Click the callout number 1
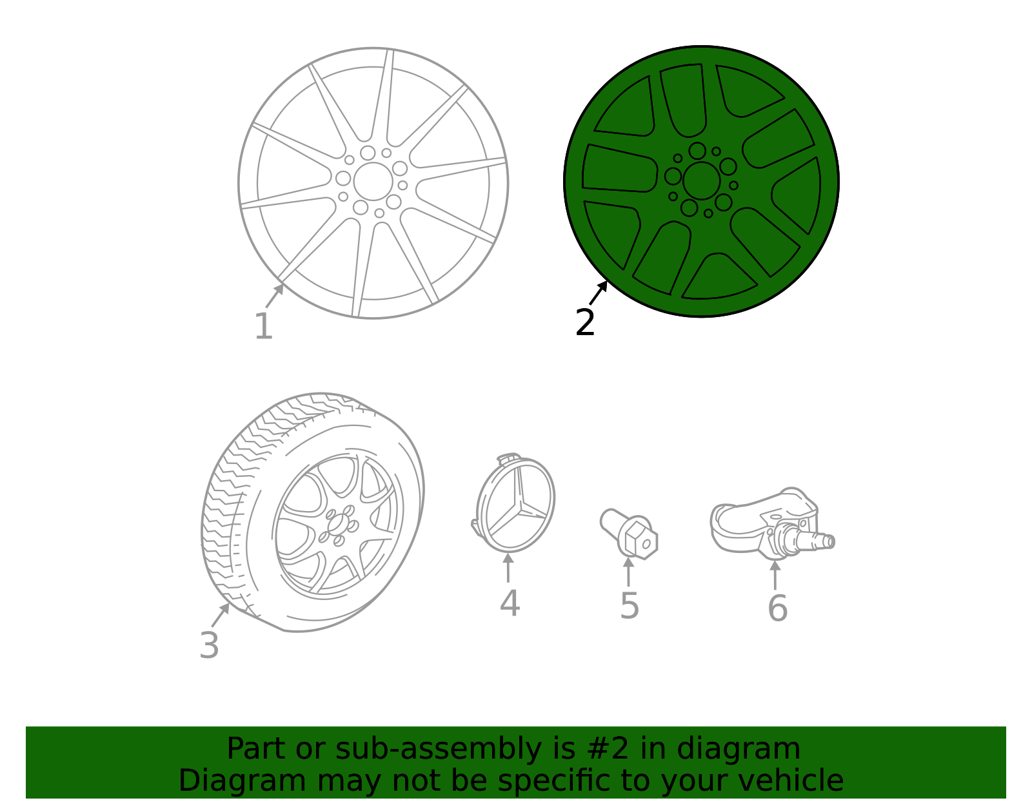(x=263, y=327)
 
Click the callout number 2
(x=585, y=322)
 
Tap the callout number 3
(x=209, y=645)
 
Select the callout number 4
(x=510, y=604)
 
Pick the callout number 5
(x=629, y=606)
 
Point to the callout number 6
(x=777, y=608)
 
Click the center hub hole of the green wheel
(x=701, y=180)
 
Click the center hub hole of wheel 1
(x=372, y=181)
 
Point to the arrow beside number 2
(x=599, y=293)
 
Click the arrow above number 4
(x=508, y=567)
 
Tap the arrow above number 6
(x=775, y=574)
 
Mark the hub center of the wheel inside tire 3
(x=336, y=525)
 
